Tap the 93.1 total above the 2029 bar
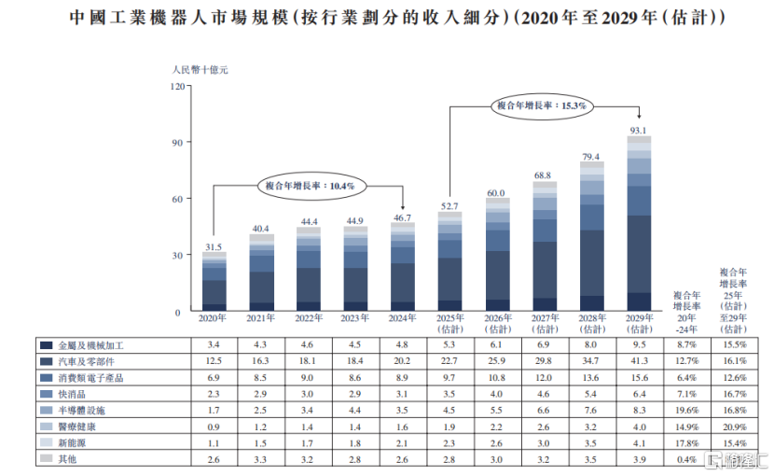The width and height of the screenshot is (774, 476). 639,131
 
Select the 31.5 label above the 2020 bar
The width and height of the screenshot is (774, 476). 214,246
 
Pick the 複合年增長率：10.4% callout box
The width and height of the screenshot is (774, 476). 310,186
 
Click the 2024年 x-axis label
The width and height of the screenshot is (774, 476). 403,319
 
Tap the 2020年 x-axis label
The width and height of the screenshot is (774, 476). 214,319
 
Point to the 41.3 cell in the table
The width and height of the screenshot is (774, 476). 639,361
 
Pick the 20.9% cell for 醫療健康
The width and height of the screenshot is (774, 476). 734,427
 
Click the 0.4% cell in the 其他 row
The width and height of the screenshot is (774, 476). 686,459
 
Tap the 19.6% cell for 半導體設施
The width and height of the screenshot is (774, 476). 686,410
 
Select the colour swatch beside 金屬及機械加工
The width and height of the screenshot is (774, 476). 46,345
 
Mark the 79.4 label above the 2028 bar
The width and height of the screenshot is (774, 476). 591,157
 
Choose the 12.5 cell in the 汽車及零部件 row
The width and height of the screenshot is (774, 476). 214,361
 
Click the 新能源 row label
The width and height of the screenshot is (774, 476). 74,442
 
